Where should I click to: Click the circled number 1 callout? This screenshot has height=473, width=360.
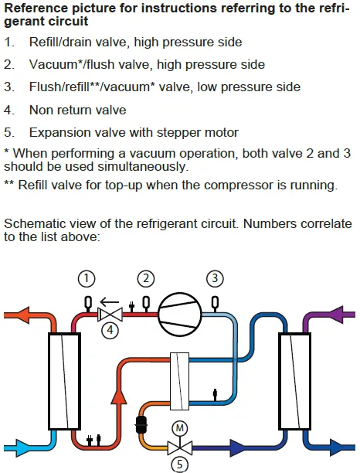point(87,279)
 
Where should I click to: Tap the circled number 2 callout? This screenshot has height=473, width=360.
point(146,279)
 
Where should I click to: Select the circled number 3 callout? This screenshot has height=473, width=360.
point(215,278)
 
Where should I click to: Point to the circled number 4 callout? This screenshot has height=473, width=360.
point(110,330)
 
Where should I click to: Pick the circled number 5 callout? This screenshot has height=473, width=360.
point(179,464)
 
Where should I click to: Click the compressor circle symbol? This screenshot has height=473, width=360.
point(180,315)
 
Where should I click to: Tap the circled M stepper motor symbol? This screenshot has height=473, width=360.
point(179,428)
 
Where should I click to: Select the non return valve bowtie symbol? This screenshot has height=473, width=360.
point(110,315)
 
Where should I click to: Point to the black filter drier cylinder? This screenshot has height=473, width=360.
point(141,424)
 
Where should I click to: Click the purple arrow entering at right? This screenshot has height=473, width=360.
point(343,315)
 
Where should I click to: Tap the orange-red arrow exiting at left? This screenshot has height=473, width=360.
point(17,315)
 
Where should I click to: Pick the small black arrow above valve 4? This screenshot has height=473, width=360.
point(109,301)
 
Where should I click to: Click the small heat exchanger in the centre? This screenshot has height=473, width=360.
point(180,381)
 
